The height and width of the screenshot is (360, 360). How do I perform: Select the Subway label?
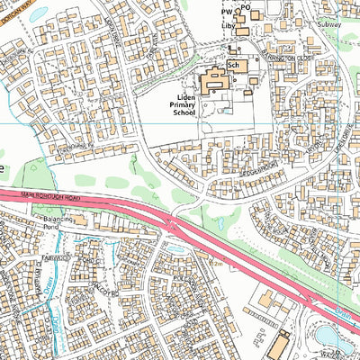tap(330, 24)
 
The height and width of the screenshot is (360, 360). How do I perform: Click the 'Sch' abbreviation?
tap(234, 65)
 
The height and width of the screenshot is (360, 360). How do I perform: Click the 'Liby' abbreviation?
tap(229, 27)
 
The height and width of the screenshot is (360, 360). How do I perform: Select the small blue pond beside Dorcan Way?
tap(38, 13)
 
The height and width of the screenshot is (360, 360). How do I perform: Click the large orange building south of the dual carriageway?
tap(279, 346)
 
